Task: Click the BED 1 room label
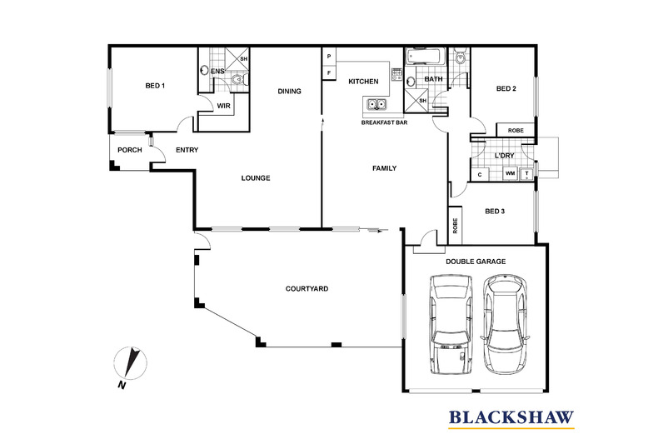tap(156, 86)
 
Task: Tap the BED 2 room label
tap(507, 89)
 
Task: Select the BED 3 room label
tap(496, 211)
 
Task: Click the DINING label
tap(289, 92)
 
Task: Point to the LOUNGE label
tap(256, 177)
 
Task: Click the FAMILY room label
tap(384, 168)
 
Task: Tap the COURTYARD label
tap(307, 289)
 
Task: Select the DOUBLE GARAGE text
tap(476, 261)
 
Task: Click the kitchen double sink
tap(374, 105)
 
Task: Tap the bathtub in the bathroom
tap(426, 57)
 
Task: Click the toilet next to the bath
tap(461, 57)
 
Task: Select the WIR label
tap(223, 106)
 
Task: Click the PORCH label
tap(128, 151)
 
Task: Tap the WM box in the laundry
tap(510, 174)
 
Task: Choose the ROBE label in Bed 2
tap(516, 130)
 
